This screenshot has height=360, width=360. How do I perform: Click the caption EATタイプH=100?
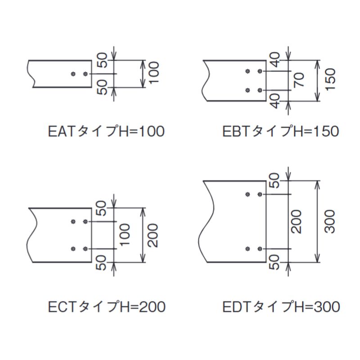pyautogui.click(x=106, y=131)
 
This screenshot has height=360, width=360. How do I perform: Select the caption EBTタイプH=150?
pyautogui.click(x=280, y=131)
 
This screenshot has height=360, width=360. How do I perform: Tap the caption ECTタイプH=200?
pyautogui.click(x=107, y=307)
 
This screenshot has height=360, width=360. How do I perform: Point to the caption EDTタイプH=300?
pyautogui.click(x=281, y=307)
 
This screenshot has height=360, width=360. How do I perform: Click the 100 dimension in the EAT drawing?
pyautogui.click(x=153, y=72)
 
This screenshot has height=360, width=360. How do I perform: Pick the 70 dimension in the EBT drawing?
pyautogui.click(x=299, y=80)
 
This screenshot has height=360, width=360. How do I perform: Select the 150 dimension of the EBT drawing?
pyautogui.click(x=330, y=79)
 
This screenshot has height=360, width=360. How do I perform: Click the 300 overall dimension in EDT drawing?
pyautogui.click(x=330, y=222)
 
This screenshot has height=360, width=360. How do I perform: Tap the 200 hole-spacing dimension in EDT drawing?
pyautogui.click(x=296, y=222)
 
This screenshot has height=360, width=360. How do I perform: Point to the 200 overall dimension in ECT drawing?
pyautogui.click(x=153, y=235)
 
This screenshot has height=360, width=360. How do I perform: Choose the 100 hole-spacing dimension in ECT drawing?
pyautogui.click(x=125, y=235)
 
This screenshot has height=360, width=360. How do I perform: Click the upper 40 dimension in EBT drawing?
pyautogui.click(x=275, y=60)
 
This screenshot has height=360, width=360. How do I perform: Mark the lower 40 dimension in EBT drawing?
pyautogui.click(x=275, y=101)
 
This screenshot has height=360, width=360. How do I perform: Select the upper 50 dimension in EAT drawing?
pyautogui.click(x=102, y=60)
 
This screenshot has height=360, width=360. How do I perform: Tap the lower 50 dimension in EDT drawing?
pyautogui.click(x=274, y=262)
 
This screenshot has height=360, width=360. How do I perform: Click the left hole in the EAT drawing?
pyautogui.click(x=73, y=74)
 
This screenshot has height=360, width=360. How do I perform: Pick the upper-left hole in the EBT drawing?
pyautogui.click(x=247, y=71)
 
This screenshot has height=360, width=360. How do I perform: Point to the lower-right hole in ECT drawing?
pyautogui.click(x=85, y=249)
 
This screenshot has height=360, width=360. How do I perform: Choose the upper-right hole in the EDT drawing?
pyautogui.click(x=260, y=194)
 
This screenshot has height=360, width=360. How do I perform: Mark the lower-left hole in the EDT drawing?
pyautogui.click(x=247, y=249)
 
